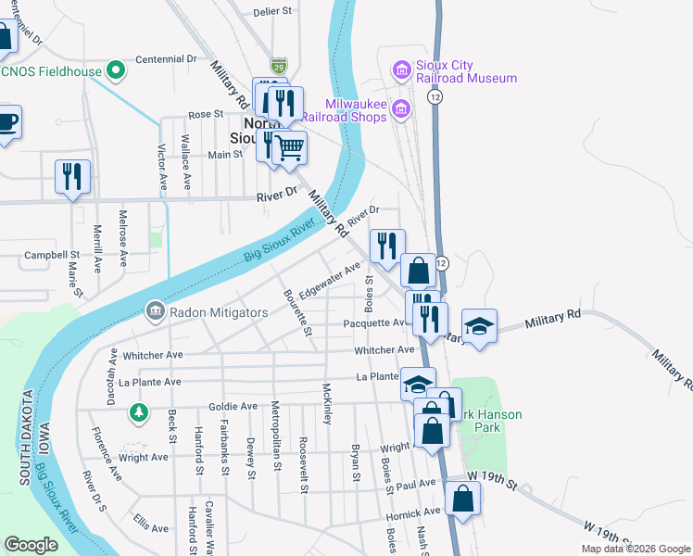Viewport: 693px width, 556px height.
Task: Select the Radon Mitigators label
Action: click(x=219, y=312)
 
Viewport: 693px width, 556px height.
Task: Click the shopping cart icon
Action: click(x=290, y=146)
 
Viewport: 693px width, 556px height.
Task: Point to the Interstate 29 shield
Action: click(x=279, y=66)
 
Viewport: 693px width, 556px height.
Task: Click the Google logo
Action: click(x=31, y=545)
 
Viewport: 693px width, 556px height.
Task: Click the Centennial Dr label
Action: click(x=166, y=58)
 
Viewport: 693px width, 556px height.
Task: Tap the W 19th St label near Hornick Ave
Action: click(x=490, y=475)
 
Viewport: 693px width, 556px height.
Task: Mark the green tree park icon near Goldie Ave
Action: click(x=139, y=411)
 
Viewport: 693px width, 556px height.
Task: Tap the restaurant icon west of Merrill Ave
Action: click(x=71, y=176)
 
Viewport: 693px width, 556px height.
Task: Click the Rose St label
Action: click(x=206, y=115)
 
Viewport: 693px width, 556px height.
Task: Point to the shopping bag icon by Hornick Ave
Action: click(x=462, y=499)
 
